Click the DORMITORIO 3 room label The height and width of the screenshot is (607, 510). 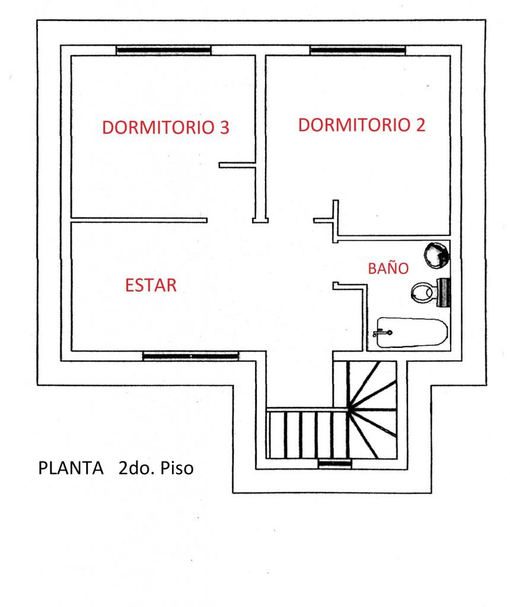(x=165, y=127)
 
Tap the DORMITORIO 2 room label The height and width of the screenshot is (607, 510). (x=362, y=124)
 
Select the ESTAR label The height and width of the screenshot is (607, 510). (x=151, y=285)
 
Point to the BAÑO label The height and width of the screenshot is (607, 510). (x=388, y=268)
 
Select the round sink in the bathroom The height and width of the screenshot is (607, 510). (x=437, y=255)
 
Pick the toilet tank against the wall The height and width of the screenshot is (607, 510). (x=444, y=292)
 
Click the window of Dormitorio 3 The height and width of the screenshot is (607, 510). (x=164, y=50)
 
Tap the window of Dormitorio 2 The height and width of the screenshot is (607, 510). (x=358, y=50)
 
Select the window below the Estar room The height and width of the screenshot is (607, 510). (x=190, y=356)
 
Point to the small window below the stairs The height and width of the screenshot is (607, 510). (x=335, y=464)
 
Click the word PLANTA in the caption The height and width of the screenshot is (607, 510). (x=71, y=468)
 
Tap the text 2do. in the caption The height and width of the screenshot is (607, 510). (x=136, y=468)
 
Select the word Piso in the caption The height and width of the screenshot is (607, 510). (x=177, y=468)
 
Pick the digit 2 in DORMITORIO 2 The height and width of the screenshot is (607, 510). (x=420, y=124)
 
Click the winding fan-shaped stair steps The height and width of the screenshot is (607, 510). (x=372, y=410)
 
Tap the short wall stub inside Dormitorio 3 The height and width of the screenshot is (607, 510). (x=237, y=165)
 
